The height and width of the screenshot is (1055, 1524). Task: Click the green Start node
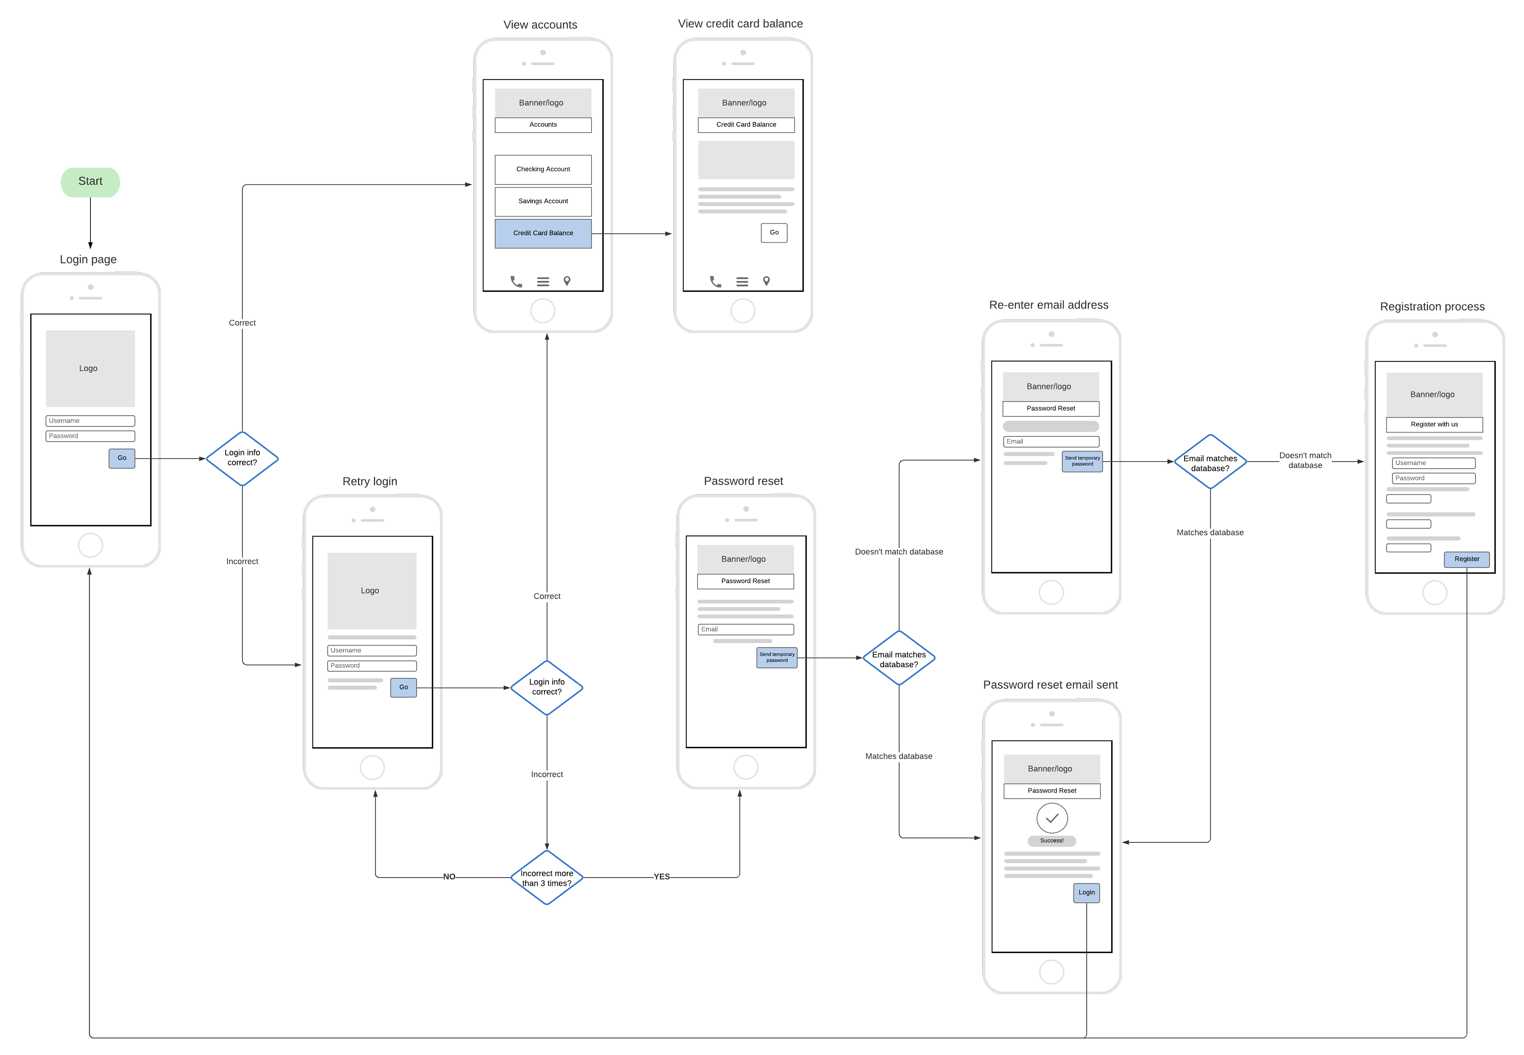click(90, 182)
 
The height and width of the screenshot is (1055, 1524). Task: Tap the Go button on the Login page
click(122, 458)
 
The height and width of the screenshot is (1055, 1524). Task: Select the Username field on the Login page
click(90, 421)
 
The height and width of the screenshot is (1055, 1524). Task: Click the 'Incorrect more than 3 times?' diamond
click(547, 878)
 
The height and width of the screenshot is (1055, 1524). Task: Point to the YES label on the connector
click(661, 877)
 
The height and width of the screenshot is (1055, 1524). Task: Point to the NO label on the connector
click(449, 877)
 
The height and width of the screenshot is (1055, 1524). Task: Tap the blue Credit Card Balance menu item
click(543, 233)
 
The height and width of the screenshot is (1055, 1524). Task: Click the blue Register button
click(1467, 559)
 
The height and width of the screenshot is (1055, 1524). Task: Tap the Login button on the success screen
click(1086, 893)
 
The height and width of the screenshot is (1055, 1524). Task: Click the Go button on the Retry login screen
click(403, 688)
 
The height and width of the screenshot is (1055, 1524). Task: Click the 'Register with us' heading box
click(1434, 425)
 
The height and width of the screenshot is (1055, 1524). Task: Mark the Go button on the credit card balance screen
click(773, 233)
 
